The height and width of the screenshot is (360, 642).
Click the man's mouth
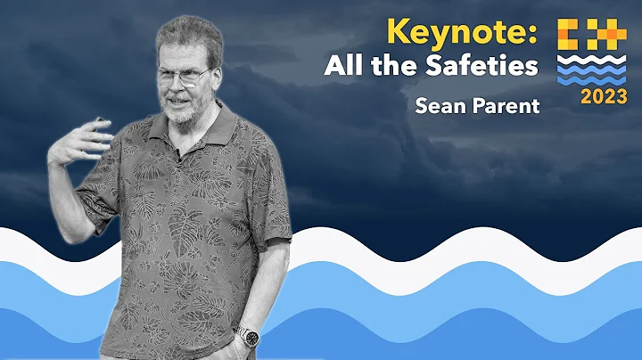(182, 102)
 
